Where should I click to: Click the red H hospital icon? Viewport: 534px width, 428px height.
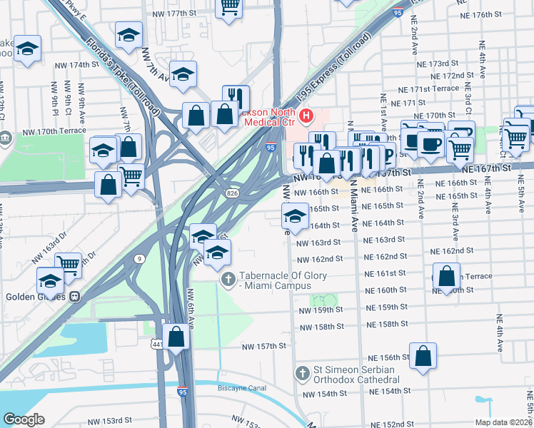[x=307, y=115]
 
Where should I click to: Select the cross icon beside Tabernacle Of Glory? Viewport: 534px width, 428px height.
[x=228, y=278]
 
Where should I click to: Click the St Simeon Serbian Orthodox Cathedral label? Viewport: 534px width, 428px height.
[x=358, y=378]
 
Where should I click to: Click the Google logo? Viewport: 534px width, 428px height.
[x=24, y=419]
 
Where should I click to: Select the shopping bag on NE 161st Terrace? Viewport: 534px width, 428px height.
[x=446, y=275]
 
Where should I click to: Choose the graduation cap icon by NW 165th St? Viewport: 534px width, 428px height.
[x=294, y=215]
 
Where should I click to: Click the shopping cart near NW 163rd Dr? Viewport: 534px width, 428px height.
[x=69, y=264]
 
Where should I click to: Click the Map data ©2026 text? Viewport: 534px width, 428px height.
[x=503, y=422]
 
